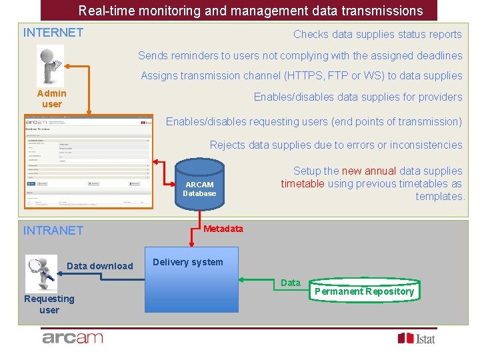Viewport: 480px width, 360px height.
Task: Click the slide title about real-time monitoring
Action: (250, 11)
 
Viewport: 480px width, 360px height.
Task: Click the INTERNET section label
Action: (53, 33)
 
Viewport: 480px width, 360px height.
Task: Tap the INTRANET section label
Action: (53, 231)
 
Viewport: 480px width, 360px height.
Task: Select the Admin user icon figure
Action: (51, 65)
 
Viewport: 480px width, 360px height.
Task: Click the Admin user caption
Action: (51, 99)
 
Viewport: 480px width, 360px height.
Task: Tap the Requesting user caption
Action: (49, 304)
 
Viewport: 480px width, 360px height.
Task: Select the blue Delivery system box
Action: (192, 280)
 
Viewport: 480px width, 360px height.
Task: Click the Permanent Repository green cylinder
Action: (364, 291)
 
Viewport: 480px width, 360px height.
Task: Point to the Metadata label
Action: (223, 229)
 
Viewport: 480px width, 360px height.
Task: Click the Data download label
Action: (100, 266)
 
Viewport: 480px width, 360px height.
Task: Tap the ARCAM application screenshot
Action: (88, 161)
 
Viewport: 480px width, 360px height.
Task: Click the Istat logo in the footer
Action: (416, 338)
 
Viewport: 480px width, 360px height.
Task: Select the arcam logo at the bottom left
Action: (73, 338)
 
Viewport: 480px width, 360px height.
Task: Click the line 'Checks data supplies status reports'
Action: (377, 35)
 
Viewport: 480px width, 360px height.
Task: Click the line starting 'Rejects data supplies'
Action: (336, 145)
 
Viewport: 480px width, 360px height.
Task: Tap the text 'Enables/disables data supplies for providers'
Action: (357, 97)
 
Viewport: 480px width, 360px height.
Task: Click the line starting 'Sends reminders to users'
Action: (300, 56)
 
